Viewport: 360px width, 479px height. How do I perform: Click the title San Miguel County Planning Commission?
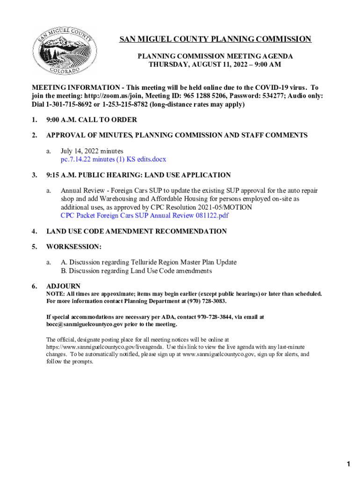tap(215, 39)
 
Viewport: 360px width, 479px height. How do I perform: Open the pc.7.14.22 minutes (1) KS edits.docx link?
tap(113, 159)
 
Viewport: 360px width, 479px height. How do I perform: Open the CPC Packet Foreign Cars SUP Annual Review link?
tap(144, 216)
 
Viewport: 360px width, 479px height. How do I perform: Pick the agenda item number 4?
tap(34, 231)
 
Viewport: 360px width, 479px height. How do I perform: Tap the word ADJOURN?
tap(64, 286)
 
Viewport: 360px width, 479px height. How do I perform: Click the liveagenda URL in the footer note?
tap(104, 347)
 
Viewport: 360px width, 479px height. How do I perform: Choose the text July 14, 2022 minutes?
tap(92, 151)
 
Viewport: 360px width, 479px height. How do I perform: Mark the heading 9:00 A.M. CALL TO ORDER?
tap(92, 120)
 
